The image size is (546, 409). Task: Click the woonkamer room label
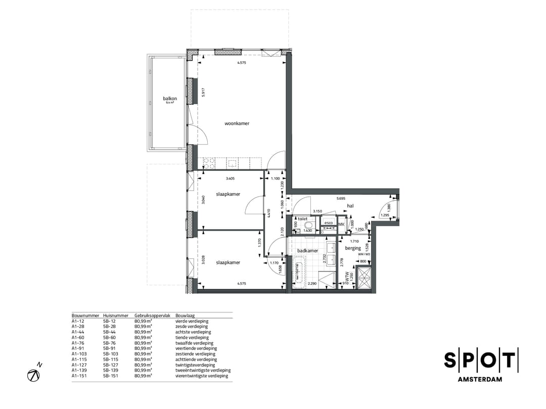(237, 123)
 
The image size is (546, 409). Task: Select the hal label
(350, 206)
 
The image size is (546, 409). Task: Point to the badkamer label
(307, 251)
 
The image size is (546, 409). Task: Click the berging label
(353, 248)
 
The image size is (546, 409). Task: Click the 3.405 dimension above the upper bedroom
(230, 178)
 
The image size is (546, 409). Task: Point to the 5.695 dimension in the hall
(342, 199)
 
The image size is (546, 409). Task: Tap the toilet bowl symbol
(308, 226)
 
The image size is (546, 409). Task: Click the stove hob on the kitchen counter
(210, 163)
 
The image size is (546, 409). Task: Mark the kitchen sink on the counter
(232, 163)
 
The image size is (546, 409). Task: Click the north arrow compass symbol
(34, 375)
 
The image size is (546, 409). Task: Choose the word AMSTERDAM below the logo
(480, 380)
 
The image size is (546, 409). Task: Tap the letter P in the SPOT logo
(469, 360)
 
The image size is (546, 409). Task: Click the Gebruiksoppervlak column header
(150, 315)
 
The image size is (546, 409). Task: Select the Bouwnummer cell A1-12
(78, 321)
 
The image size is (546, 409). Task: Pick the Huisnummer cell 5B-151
(110, 376)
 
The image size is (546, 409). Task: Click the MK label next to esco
(341, 224)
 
